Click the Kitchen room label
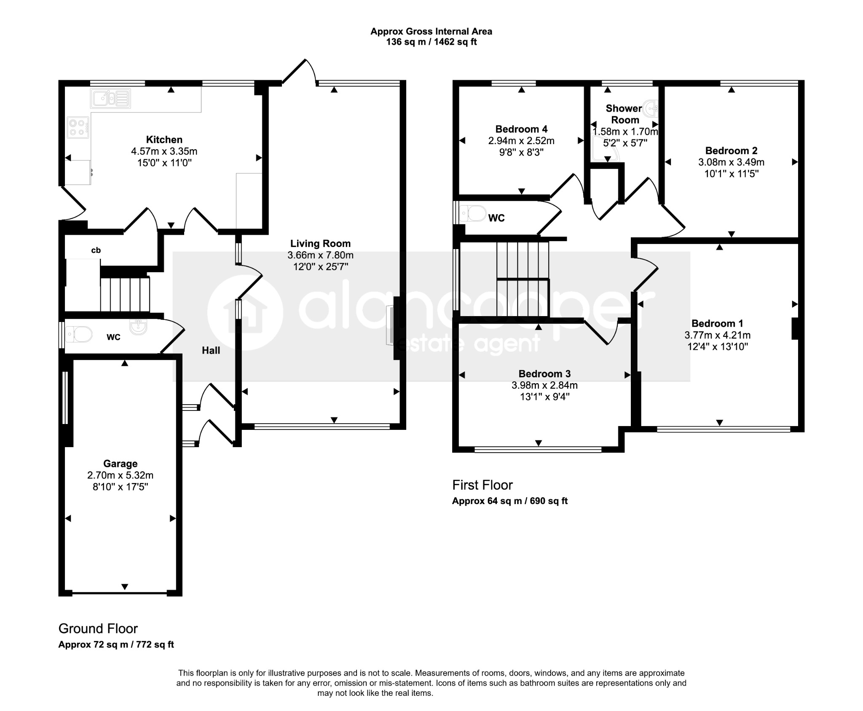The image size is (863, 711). (164, 140)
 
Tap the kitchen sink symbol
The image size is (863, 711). (110, 98)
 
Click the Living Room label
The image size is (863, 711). (320, 243)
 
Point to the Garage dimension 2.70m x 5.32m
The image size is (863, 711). (120, 475)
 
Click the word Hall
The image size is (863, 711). (211, 350)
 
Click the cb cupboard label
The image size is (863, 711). (96, 250)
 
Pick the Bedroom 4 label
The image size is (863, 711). (521, 129)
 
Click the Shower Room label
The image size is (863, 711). (624, 114)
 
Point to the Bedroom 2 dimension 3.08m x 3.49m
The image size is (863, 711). (731, 162)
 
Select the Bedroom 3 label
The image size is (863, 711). (544, 374)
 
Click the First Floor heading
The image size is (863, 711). (482, 485)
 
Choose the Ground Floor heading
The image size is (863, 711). (98, 628)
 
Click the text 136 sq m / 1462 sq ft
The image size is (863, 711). (431, 42)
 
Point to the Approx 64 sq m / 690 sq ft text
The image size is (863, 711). (510, 501)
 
